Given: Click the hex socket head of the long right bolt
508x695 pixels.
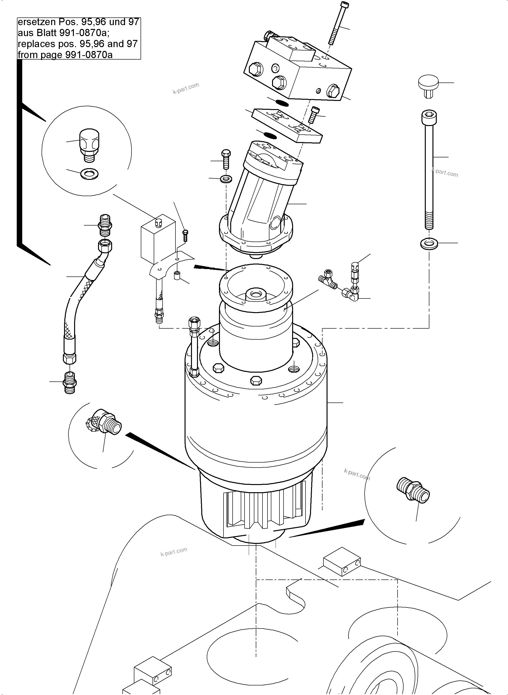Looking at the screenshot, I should coord(429,117).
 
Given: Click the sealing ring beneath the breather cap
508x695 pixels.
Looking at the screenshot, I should coord(89,174).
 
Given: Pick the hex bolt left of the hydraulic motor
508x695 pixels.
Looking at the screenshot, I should coord(226,159).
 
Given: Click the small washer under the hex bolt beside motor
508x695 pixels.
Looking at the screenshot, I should coord(226,178).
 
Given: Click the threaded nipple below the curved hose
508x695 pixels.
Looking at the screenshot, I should coord(70,382).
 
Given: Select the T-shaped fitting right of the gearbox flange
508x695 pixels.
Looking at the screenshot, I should coord(328,278).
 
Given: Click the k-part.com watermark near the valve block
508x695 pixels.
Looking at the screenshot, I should coord(186,88).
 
